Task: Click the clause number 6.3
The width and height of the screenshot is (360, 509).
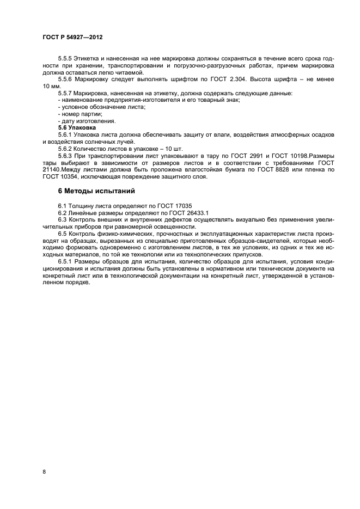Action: [63, 219]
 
